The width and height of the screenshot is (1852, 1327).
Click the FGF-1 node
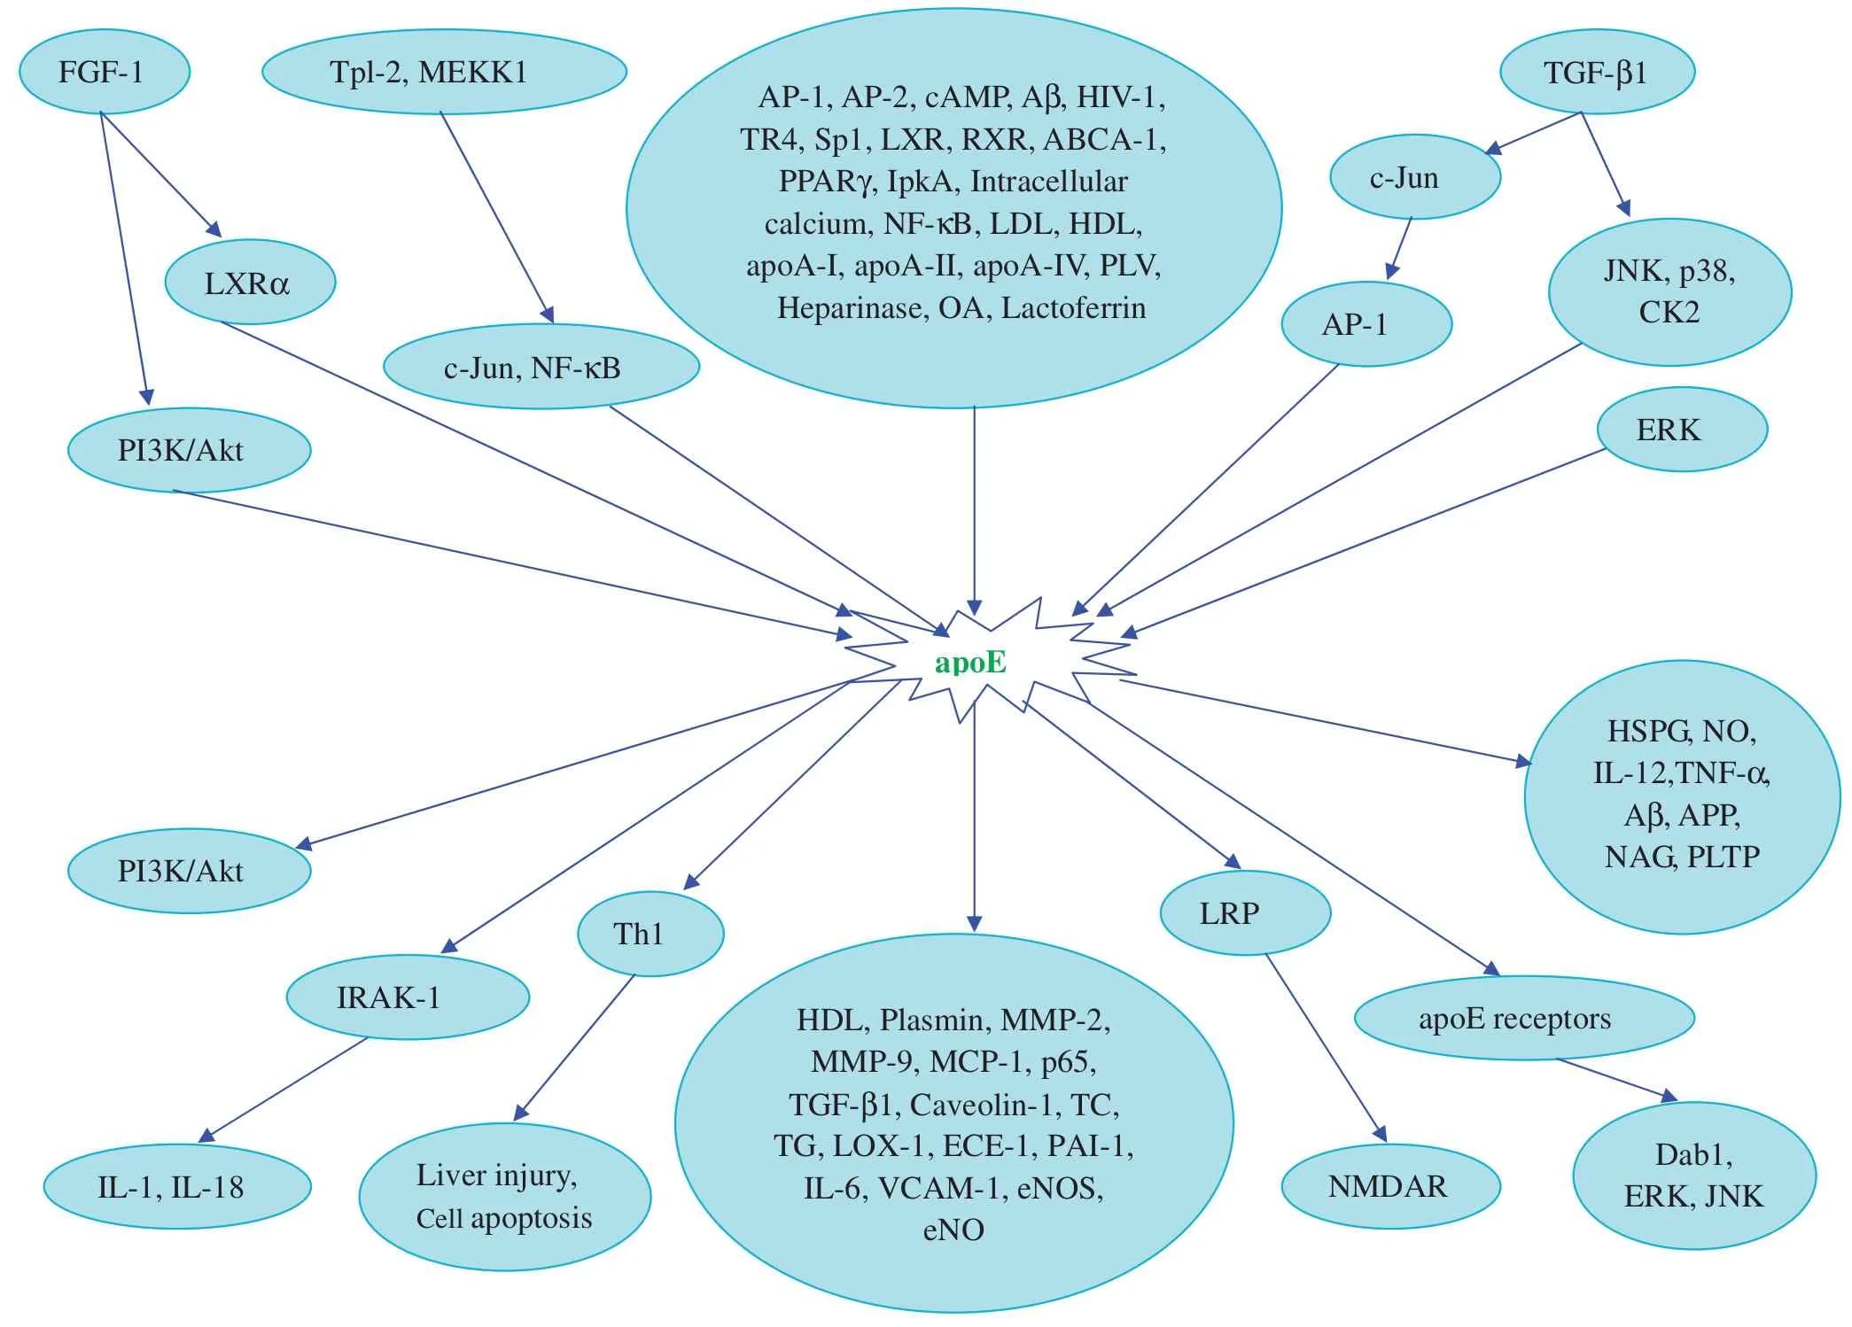click(103, 72)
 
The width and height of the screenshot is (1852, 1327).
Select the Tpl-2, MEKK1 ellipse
click(444, 72)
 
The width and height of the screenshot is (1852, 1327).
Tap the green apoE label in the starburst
click(970, 663)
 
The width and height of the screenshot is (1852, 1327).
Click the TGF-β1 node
click(1596, 72)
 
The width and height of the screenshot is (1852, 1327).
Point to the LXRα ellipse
click(249, 283)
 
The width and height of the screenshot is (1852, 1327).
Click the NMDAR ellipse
click(1389, 1185)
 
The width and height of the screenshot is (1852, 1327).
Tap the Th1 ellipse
click(650, 933)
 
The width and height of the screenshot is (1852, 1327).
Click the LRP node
click(1244, 912)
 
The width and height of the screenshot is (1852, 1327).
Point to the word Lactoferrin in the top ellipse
click(1073, 308)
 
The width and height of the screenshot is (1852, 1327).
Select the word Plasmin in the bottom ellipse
click(935, 1020)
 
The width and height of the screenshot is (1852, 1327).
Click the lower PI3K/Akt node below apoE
click(188, 871)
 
